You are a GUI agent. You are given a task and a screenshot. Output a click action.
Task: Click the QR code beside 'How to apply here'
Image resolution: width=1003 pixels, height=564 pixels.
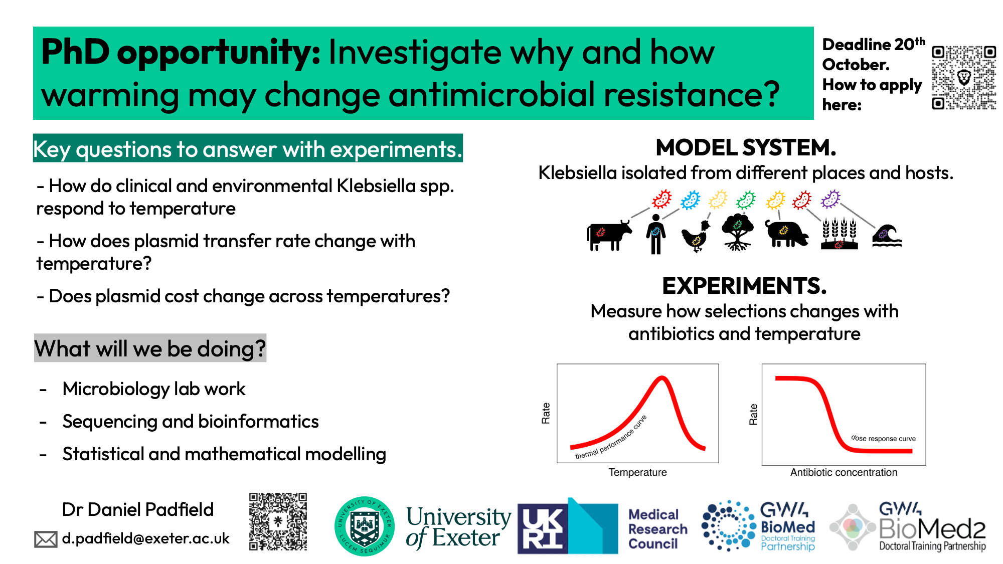(x=964, y=78)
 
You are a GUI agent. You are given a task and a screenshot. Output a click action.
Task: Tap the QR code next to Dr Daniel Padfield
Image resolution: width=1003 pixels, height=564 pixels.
(x=278, y=521)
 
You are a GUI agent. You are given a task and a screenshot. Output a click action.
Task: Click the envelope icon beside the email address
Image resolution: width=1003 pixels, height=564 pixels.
(x=46, y=539)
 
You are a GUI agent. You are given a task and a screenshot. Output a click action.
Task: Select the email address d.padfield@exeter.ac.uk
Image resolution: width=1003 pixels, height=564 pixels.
(x=145, y=538)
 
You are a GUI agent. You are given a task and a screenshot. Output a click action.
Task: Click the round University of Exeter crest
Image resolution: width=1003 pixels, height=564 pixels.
(x=365, y=526)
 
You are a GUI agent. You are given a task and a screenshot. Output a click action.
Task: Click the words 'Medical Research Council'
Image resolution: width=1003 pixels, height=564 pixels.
(x=658, y=529)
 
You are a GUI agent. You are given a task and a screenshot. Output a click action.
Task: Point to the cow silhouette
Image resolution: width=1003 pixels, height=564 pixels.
(x=609, y=235)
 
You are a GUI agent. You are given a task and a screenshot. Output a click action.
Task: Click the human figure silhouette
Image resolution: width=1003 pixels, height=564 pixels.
(x=656, y=234)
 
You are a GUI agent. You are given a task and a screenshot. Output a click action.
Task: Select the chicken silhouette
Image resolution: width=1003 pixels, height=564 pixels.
(x=696, y=236)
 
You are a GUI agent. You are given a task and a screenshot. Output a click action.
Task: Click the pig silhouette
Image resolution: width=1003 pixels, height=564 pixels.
(x=786, y=233)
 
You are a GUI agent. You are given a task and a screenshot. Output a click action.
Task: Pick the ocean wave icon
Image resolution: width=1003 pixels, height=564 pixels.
(x=887, y=236)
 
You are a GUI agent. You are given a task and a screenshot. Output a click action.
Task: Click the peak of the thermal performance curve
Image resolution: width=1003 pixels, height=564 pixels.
(x=662, y=378)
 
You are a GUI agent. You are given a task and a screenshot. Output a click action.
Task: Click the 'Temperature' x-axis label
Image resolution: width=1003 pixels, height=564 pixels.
(x=638, y=472)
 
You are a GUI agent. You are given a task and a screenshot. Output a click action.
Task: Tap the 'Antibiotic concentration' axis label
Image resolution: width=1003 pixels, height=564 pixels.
(x=844, y=472)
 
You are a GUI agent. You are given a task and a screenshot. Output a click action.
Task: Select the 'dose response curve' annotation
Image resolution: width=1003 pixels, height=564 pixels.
(x=884, y=438)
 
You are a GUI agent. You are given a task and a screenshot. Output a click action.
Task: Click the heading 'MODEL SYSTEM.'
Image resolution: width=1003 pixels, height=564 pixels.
(x=746, y=147)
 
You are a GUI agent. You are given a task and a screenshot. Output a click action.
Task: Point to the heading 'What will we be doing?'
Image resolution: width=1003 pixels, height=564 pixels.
(x=150, y=348)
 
